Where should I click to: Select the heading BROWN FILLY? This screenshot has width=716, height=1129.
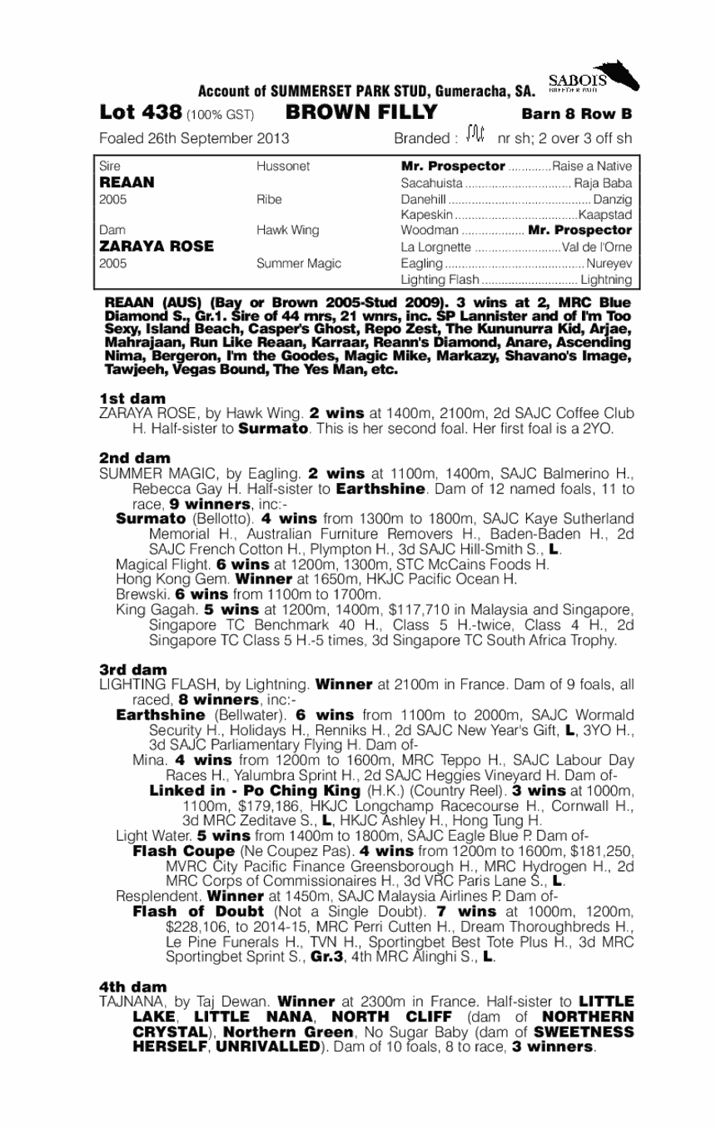[360, 112]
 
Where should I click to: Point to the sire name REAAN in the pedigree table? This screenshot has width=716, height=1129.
[122, 182]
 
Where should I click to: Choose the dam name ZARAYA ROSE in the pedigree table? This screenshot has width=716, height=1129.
[157, 246]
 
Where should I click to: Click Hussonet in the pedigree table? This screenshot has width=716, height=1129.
[283, 167]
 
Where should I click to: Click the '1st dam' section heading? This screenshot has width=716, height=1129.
[132, 398]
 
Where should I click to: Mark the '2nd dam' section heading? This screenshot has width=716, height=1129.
[134, 457]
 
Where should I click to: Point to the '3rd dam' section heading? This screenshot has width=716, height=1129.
[133, 669]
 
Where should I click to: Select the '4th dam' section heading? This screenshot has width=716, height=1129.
[133, 987]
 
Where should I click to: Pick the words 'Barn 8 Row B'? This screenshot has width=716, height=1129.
[577, 113]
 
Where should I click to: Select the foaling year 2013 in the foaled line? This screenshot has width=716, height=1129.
[272, 137]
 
